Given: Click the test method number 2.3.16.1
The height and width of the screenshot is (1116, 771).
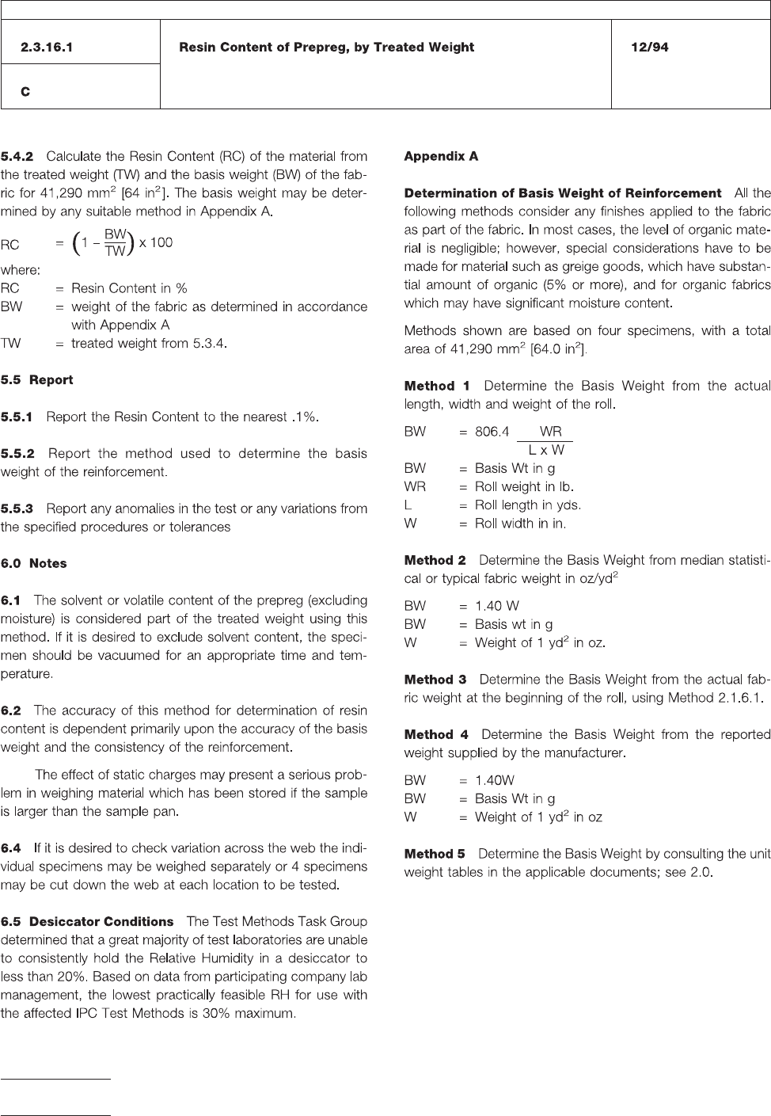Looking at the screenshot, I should coord(47,48).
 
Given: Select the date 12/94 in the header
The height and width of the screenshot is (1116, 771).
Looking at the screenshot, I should coord(649,48).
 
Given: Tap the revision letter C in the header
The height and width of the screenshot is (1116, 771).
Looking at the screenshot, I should coord(26,92).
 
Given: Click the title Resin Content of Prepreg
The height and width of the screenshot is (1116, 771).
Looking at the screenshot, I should coord(326,48).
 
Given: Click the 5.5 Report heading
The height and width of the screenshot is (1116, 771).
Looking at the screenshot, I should coord(36,380).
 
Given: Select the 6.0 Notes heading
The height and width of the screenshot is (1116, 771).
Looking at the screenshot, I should coord(33,564).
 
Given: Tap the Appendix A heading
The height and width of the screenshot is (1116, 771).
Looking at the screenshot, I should coord(441,156).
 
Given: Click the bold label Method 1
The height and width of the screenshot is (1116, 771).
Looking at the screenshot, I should coord(437,386).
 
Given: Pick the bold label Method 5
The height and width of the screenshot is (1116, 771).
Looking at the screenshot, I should coord(435,854).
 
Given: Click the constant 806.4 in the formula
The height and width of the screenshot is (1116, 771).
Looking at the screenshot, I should coord(492,432).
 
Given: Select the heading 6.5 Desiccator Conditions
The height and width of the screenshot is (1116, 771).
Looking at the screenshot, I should coord(87,922).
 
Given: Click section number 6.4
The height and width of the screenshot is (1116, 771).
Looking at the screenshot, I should coord(11,848).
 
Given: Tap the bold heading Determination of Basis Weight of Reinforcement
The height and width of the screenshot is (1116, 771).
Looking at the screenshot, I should coord(562,193).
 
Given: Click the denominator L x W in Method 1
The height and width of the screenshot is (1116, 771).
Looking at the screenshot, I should coord(546,450).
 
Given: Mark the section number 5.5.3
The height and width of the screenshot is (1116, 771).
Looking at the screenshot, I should coord(17,508).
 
